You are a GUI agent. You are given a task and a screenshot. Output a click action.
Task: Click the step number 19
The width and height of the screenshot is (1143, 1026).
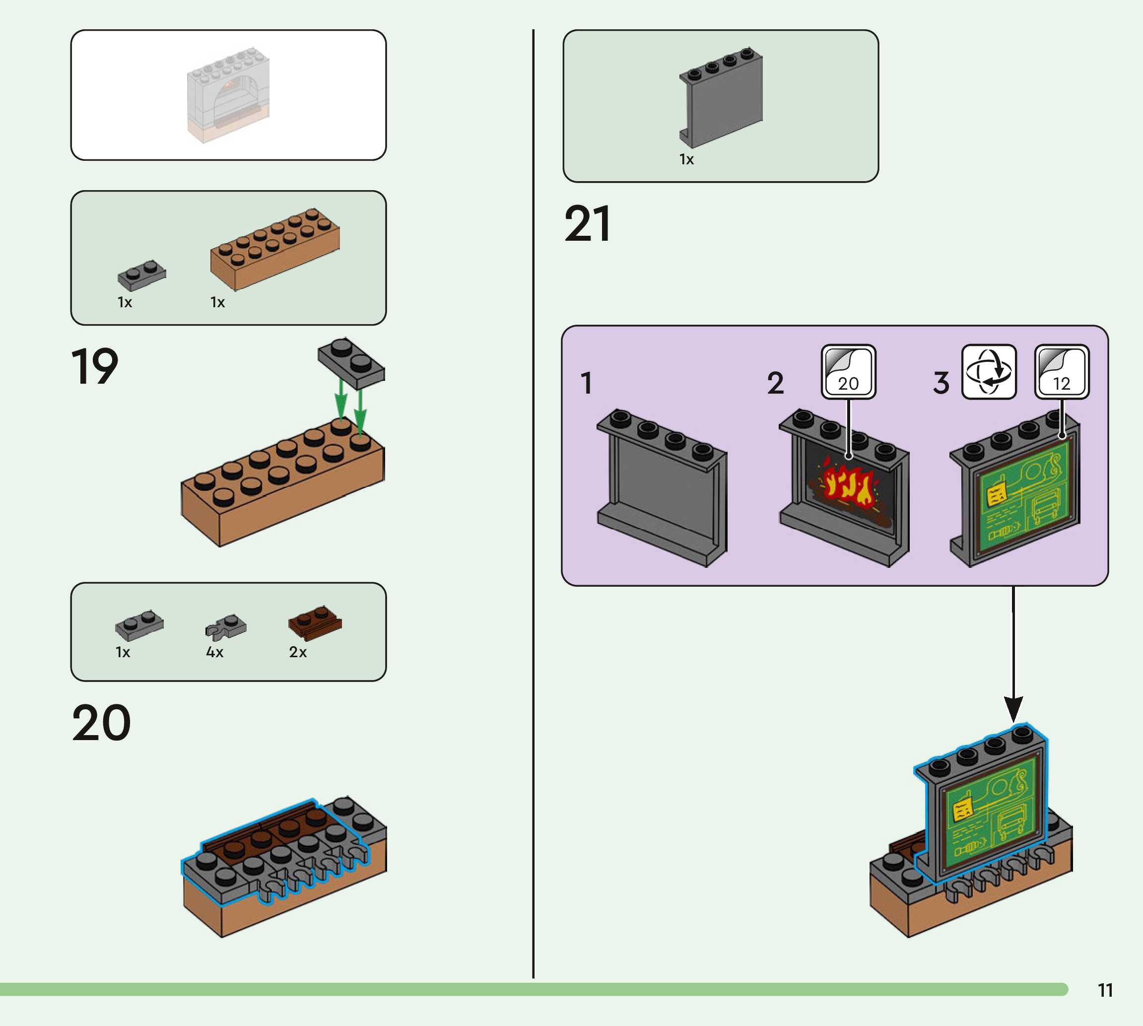95,366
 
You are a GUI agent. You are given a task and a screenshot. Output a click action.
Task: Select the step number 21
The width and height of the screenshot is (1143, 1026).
587,224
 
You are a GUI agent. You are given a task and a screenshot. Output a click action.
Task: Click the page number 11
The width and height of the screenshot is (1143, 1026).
1105,990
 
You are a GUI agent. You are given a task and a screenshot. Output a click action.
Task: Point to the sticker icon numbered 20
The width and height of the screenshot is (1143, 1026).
848,372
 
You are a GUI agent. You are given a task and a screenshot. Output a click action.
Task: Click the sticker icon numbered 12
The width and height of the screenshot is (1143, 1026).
1062,372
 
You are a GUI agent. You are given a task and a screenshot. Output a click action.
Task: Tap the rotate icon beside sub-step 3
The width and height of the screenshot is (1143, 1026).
989,372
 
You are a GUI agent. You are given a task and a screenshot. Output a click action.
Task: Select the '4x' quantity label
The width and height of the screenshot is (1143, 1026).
215,652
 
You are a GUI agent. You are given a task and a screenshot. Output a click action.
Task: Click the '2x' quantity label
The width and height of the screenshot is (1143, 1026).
298,652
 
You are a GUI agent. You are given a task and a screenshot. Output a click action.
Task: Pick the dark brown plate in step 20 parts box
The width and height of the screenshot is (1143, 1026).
315,623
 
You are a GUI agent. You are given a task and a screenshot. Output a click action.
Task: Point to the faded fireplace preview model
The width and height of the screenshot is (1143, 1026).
228,94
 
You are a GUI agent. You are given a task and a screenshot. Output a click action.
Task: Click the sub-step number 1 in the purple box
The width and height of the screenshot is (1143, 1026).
586,383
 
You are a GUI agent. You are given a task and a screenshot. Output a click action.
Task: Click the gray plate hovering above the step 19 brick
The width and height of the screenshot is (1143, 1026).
351,362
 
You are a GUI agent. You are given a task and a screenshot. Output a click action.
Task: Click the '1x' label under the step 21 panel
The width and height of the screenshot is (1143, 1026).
686,159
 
